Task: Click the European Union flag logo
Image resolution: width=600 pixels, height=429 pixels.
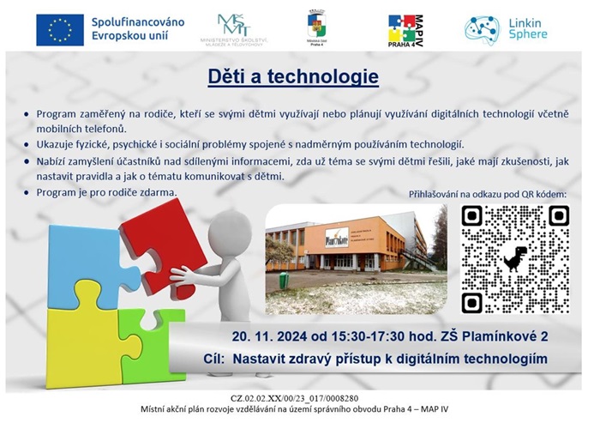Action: coord(60,29)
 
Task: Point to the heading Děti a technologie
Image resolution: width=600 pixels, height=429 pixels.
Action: coord(293,77)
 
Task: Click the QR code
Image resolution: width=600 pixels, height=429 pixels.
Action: coord(514,260)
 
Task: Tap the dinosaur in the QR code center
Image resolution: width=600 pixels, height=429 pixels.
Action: coord(514,259)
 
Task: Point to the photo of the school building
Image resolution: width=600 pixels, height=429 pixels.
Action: coord(356,259)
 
